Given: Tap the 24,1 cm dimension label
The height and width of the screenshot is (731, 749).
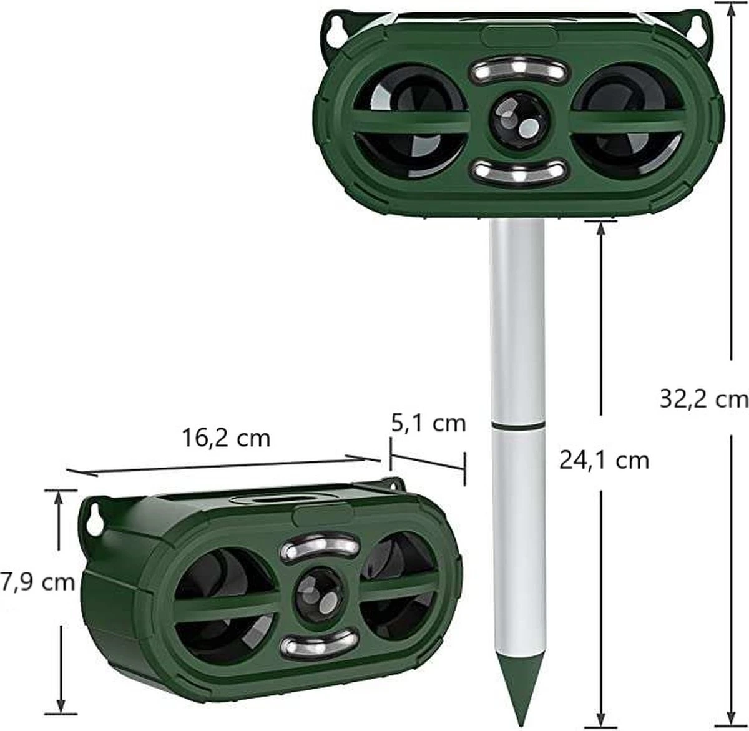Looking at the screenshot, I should coord(604,460).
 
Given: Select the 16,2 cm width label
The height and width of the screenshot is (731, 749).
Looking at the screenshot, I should coord(226,438).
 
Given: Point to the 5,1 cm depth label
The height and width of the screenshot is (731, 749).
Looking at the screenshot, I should coord(428,423).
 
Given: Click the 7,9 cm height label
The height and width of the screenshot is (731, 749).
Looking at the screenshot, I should coord(37,582).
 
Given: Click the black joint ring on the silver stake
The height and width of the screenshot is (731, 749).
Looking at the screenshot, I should coord(517,425).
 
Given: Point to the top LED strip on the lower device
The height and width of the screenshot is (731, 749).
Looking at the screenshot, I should coord(321,547).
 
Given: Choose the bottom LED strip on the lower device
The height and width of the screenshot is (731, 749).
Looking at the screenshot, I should coord(318,647).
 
